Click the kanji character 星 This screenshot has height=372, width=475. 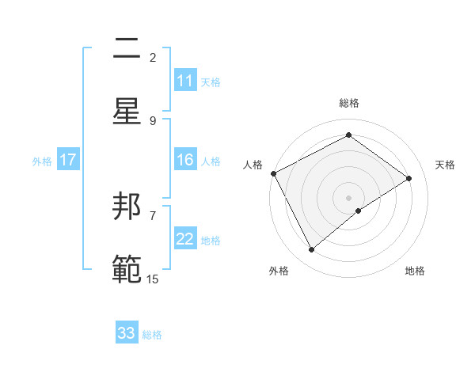127,111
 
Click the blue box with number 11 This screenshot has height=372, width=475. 185,81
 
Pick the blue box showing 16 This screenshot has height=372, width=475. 185,160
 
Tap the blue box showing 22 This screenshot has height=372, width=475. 185,240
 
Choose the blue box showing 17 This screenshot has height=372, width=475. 68,161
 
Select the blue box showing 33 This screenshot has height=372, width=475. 127,333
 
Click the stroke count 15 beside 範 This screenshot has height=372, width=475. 153,279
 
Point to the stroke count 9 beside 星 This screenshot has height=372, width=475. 153,120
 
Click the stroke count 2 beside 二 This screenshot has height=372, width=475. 153,57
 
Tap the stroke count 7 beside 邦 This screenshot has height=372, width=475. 153,215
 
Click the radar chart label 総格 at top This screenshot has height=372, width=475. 349,103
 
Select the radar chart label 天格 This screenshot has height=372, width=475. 445,165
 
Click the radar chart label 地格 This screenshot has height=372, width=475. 415,271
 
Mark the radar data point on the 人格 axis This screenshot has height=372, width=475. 273,173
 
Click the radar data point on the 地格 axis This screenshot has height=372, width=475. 359,211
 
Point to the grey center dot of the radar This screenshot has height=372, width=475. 349,197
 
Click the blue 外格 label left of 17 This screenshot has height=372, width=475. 42,161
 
